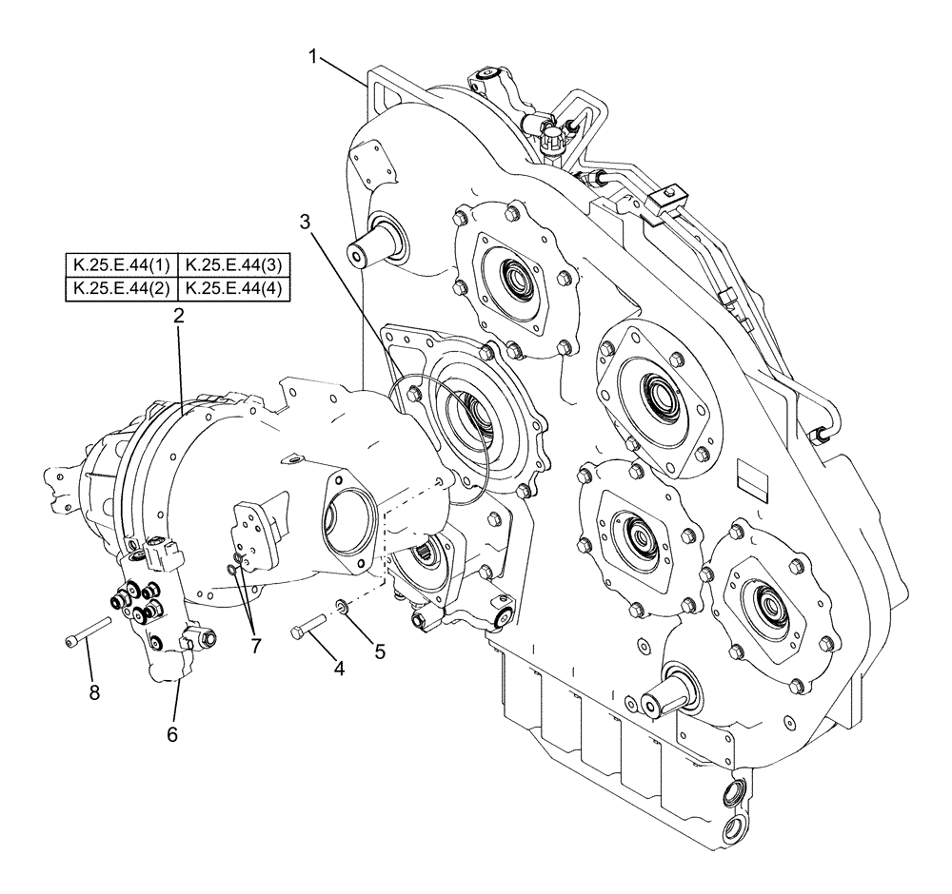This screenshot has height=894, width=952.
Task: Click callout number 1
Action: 312,56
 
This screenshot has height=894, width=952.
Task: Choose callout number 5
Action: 379,651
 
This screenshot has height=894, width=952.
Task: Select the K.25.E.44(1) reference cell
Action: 121,265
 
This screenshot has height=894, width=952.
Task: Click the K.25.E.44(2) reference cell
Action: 121,289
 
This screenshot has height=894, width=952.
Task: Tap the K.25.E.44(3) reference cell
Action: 234,265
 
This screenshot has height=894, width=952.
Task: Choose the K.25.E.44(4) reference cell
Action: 234,289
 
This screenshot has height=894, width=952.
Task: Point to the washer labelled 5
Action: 341,605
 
